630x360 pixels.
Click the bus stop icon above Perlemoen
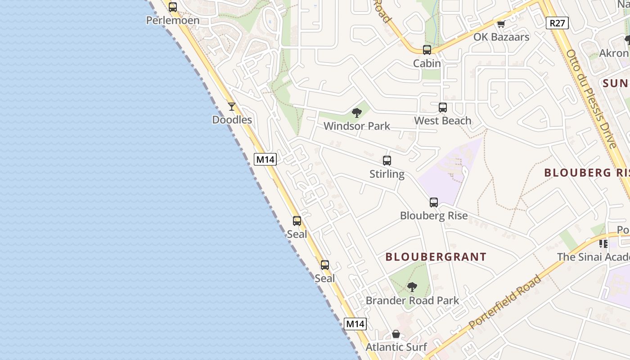[x=173, y=7]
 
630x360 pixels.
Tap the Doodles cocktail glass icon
[x=232, y=107]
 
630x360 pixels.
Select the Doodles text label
[x=232, y=120]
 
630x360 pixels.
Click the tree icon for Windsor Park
[x=357, y=113]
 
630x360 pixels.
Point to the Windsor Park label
[x=357, y=126]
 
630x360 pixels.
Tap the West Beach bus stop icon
[x=443, y=108]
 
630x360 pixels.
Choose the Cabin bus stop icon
[x=427, y=50]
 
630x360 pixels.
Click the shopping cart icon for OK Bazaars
[x=501, y=24]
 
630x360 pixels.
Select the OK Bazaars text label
[x=501, y=37]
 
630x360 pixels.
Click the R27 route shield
[x=557, y=23]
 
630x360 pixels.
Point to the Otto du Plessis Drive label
[x=591, y=99]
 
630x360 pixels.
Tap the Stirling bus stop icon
[x=387, y=161]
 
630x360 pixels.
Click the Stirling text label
[x=387, y=174]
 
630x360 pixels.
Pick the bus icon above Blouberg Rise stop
[x=434, y=202]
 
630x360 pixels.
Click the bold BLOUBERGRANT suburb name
[x=436, y=257]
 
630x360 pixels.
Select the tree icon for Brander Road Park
[x=412, y=287]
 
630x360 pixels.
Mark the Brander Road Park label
[x=413, y=300]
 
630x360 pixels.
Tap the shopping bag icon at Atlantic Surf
[x=396, y=334]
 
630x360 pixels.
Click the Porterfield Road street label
[x=504, y=302]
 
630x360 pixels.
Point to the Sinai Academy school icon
[x=603, y=244]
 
